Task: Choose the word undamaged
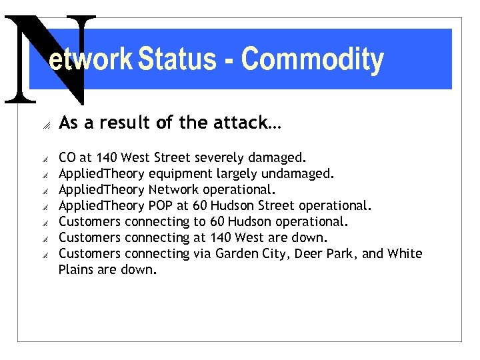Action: coord(299,174)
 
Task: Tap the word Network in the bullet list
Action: coord(173,190)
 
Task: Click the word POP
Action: coord(161,206)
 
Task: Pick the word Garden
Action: coord(233,254)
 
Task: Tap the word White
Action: coord(405,254)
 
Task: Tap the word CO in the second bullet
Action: coord(67,158)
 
